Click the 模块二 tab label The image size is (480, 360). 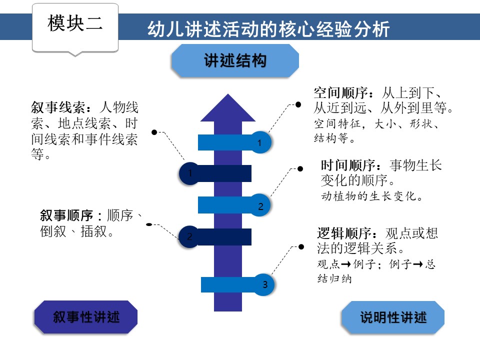coord(75,23)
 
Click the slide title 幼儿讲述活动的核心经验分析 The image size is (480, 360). coord(268,28)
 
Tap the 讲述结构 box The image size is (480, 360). coord(235,61)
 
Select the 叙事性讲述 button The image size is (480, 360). coord(86,317)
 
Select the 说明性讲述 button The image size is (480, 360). coord(393,317)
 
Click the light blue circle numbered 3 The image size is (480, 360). coord(264,285)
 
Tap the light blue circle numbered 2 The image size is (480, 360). coord(260,205)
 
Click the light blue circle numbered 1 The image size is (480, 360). coord(260,142)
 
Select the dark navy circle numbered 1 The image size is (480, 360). coord(190,173)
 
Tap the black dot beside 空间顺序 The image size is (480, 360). coord(298,104)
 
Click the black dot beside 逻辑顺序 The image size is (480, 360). coord(301,246)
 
